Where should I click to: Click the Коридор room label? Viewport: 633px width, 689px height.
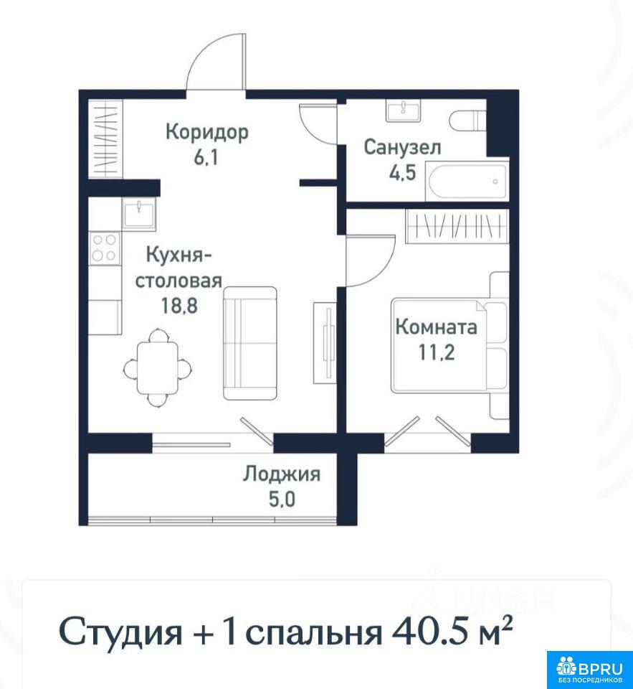206,132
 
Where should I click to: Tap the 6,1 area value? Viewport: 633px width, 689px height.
206,157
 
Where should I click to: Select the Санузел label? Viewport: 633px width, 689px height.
402,147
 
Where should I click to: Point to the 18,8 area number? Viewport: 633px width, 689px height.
179,306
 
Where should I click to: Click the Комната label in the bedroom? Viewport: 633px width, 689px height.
437,327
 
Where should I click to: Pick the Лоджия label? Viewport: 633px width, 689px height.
282,474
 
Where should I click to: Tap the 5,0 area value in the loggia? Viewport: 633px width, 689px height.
282,500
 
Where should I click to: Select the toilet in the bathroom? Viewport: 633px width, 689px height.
468,121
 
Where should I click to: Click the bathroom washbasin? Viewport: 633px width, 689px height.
403,111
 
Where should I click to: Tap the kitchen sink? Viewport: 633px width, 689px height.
139,214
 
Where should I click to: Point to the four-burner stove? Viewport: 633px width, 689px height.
105,248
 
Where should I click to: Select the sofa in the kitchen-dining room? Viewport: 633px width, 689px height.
250,344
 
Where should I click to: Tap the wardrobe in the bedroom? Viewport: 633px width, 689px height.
457,227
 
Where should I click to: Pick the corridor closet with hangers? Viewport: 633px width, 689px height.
106,139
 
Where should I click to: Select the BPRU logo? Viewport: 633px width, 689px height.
589,669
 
